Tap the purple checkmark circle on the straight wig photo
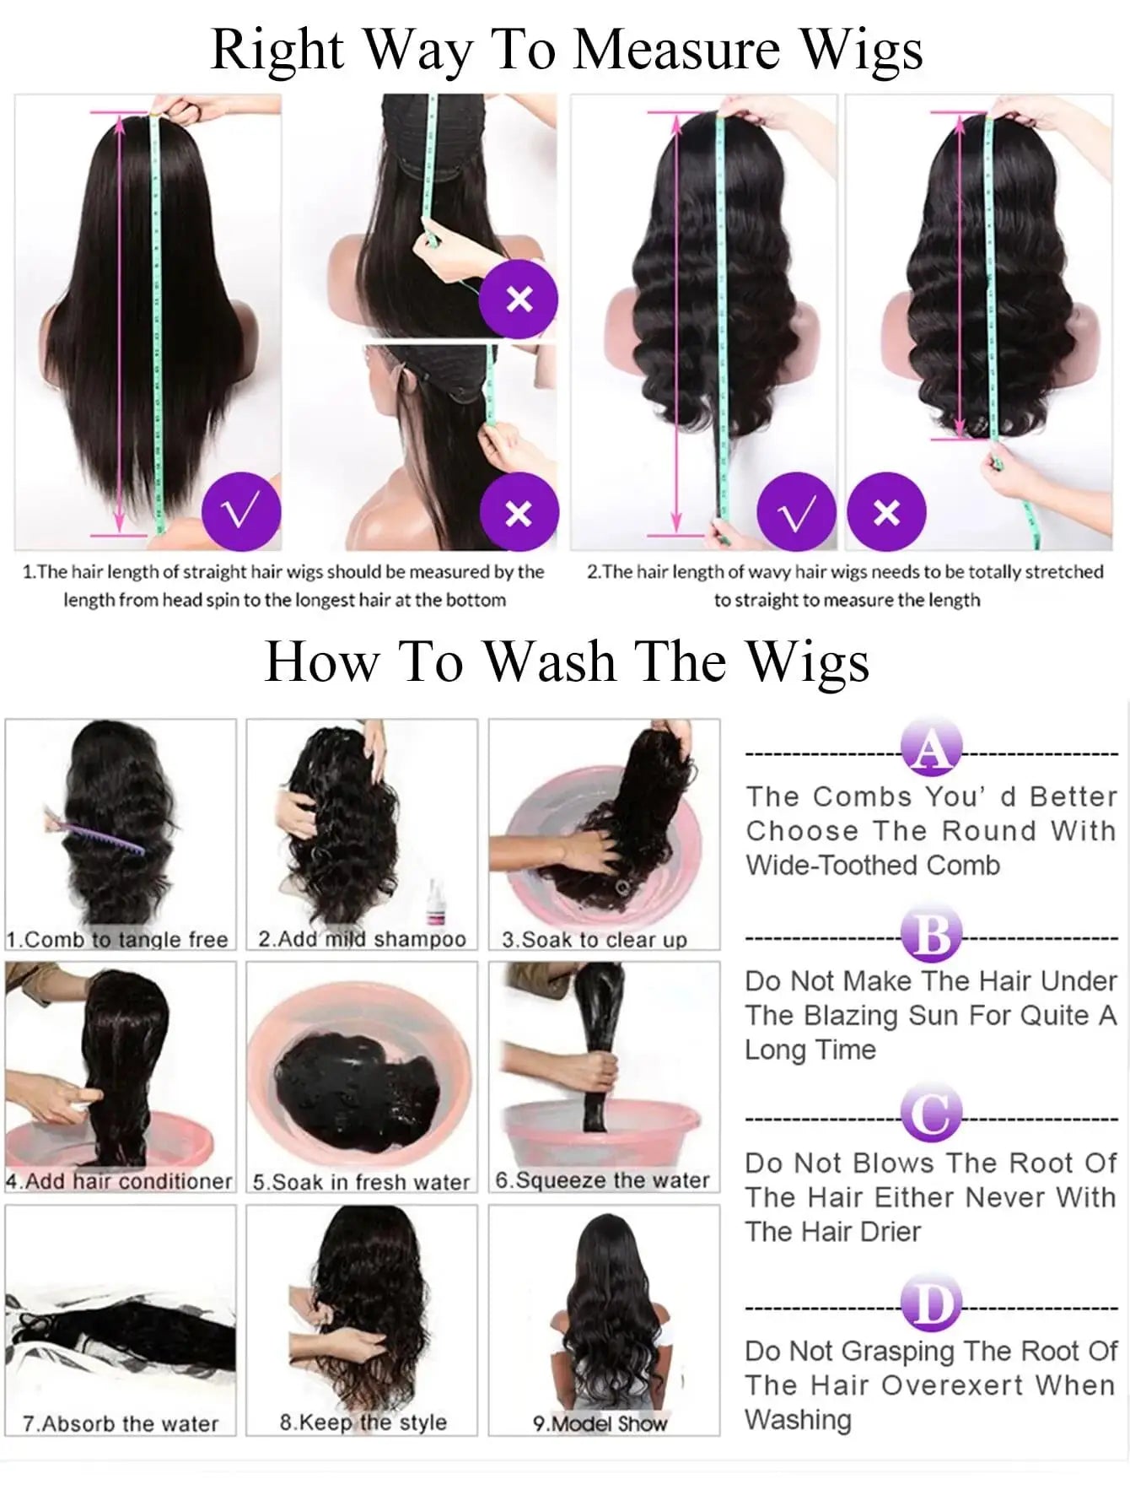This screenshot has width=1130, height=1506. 241,512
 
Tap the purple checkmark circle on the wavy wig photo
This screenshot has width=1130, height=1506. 796,512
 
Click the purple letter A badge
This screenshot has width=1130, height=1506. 931,748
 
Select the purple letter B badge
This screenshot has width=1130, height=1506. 931,935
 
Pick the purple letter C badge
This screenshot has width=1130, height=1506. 931,1115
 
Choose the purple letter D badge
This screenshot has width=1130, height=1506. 931,1305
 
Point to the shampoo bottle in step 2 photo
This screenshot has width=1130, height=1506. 437,901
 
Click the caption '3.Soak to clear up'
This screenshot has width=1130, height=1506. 595,939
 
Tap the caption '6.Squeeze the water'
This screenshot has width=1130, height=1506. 602,1180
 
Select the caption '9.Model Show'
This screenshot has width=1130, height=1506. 600,1423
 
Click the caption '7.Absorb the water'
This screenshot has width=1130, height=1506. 121,1423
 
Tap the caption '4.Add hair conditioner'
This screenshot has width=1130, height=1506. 119,1181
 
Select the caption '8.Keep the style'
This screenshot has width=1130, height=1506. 363,1422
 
